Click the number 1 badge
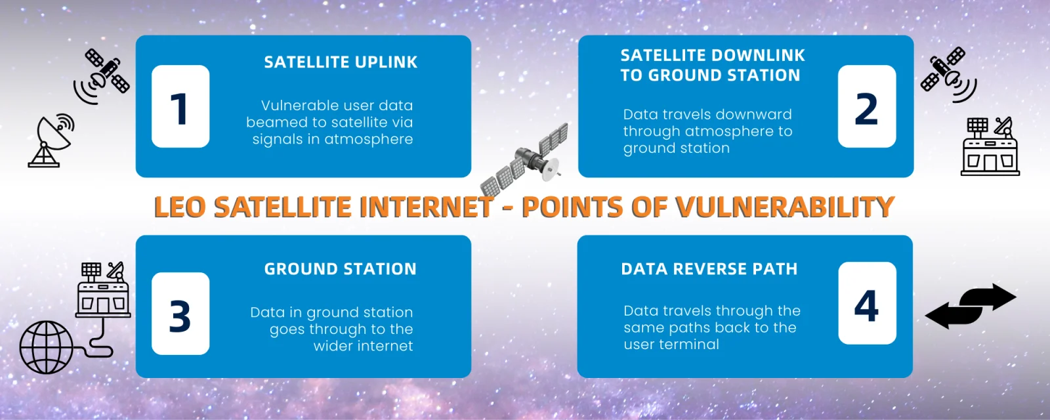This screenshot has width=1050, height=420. tap(180, 106)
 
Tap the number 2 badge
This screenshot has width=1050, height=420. tap(867, 106)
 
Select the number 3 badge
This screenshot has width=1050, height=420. tap(180, 314)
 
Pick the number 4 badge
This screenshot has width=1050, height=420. tap(867, 303)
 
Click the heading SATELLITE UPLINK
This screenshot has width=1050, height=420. tap(341, 62)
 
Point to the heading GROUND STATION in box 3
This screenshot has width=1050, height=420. tap(341, 269)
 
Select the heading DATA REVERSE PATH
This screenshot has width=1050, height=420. tap(709, 269)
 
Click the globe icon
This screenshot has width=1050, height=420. tap(47, 347)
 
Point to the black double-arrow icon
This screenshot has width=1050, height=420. tap(971, 306)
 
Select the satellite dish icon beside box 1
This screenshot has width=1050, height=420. tap(51, 140)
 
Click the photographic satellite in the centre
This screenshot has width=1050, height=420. tap(524, 160)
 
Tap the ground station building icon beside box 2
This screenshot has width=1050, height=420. tap(990, 146)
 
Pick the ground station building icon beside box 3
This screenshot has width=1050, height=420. tap(103, 289)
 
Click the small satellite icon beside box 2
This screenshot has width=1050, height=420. tap(948, 75)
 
